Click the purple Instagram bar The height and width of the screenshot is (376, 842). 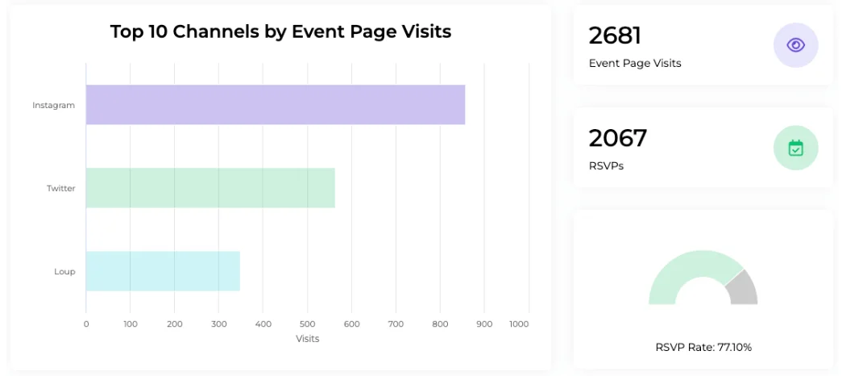tap(276, 105)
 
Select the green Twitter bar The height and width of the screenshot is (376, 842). tap(210, 188)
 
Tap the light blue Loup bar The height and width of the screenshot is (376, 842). tap(163, 271)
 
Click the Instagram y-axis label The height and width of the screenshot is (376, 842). tap(53, 105)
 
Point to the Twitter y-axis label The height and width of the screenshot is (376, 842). tap(60, 188)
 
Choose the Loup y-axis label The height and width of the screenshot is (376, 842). tap(64, 272)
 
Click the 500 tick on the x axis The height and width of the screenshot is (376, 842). tap(307, 324)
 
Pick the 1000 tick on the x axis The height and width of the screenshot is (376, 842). tap(519, 324)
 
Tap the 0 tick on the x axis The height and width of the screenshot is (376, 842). tap(86, 324)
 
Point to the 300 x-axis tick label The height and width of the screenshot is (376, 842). tap(219, 324)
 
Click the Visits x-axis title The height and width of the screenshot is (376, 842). tap(307, 339)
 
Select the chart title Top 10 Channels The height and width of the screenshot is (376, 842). tap(280, 32)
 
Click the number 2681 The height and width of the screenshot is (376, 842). tap(615, 36)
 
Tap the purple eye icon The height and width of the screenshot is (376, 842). tap(795, 45)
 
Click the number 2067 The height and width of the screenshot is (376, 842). tap(617, 139)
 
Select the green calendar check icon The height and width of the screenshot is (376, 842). tap(795, 148)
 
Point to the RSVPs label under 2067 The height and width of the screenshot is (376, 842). tap(606, 166)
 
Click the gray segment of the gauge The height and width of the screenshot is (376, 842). tap(742, 288)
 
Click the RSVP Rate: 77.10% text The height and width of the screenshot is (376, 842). tap(703, 348)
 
